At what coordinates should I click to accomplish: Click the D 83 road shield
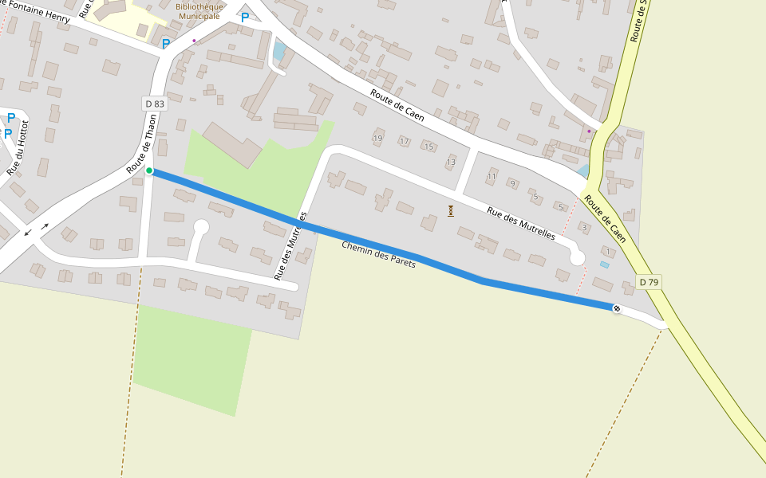[x=155, y=104]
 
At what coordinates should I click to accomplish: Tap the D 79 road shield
[x=649, y=282]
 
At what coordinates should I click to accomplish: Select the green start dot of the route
[x=149, y=170]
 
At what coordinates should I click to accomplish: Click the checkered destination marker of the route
[x=617, y=308]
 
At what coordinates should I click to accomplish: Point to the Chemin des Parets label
[x=378, y=254]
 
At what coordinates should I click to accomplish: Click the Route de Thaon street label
[x=142, y=144]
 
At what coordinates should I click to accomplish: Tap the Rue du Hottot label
[x=18, y=147]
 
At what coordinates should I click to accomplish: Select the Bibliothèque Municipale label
[x=198, y=11]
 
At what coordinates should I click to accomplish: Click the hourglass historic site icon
[x=451, y=211]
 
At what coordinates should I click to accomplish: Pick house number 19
[x=377, y=138]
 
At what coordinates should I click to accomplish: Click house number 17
[x=404, y=142]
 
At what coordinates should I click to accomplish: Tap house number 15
[x=428, y=147]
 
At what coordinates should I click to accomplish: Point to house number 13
[x=451, y=163]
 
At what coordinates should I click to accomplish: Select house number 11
[x=492, y=176]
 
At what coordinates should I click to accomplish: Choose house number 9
[x=512, y=184]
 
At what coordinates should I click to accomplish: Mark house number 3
[x=584, y=229]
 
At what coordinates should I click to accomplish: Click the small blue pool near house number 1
[x=604, y=264]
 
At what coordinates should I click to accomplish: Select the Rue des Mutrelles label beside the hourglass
[x=521, y=224]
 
